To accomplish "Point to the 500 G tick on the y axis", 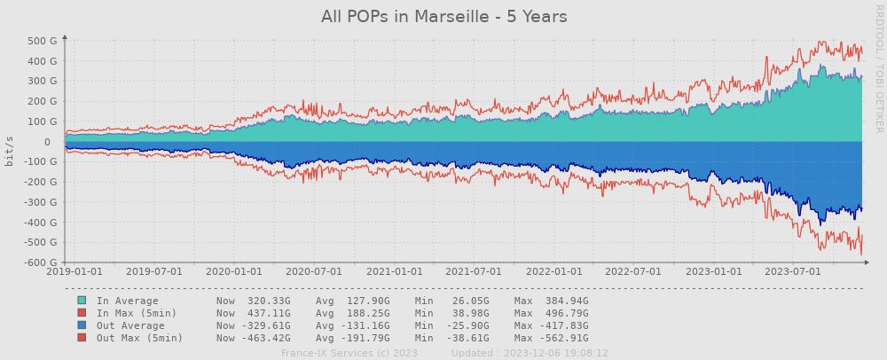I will click(43, 41).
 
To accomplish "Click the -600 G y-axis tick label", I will click(41, 262).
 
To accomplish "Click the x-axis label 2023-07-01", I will click(793, 272).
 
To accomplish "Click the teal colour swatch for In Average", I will click(82, 301).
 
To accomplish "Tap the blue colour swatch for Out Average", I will click(82, 325).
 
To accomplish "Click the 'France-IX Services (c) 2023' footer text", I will click(349, 352).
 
